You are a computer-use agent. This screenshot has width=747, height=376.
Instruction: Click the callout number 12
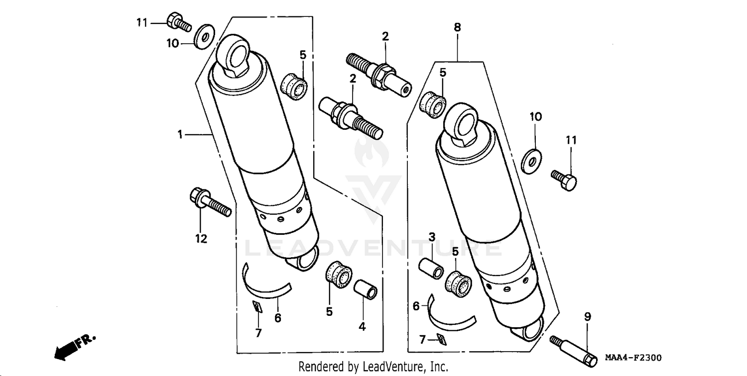[x=201, y=239]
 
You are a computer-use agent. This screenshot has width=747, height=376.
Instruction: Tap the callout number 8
[x=457, y=28]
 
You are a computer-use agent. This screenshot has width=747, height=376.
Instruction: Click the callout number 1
[x=181, y=134]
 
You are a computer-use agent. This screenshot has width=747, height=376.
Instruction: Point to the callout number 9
[x=588, y=316]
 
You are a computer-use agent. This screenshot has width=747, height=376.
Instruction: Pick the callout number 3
[x=432, y=237]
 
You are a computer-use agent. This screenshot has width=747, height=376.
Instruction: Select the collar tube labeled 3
[x=431, y=269]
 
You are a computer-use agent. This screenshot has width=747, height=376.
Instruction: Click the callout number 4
[x=362, y=327]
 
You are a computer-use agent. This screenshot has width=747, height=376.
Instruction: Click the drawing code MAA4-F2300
[x=633, y=358]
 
